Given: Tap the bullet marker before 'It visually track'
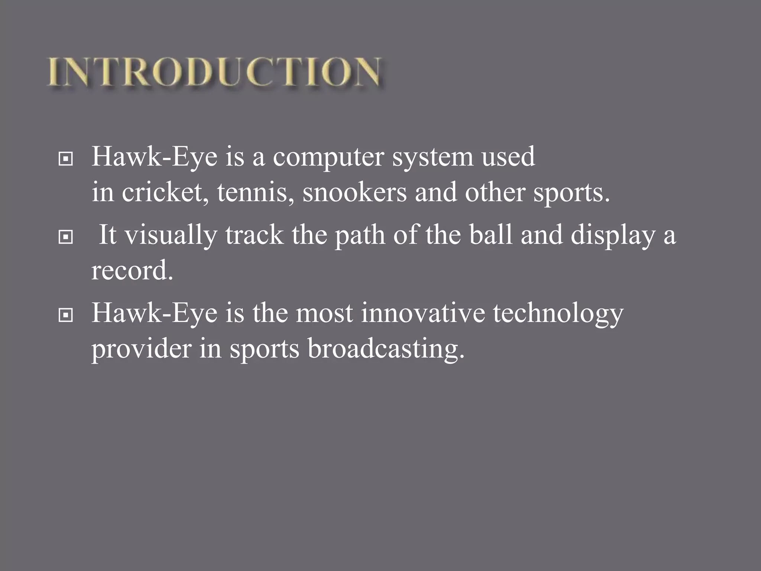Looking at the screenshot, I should pos(66,237).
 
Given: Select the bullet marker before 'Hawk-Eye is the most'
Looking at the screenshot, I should pos(66,316).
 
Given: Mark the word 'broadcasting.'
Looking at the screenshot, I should pos(386,350).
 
